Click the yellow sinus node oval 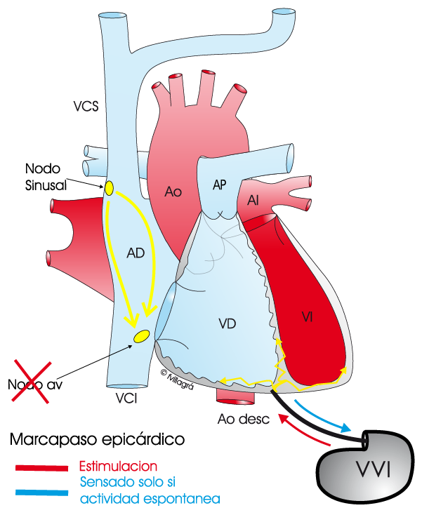[x=109, y=188]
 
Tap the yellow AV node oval [x=142, y=336]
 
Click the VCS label [x=86, y=107]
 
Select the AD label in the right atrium [x=136, y=253]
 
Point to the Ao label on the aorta [x=173, y=192]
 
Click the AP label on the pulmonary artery [x=220, y=185]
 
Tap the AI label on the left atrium [x=253, y=200]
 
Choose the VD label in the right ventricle [x=228, y=323]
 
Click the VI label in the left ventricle [x=307, y=317]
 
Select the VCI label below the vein [x=126, y=399]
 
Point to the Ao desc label [x=244, y=419]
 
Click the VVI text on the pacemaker [x=374, y=469]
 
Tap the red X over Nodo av [x=32, y=381]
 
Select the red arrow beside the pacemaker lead [x=303, y=429]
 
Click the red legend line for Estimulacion [x=41, y=468]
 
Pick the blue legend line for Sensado [x=41, y=493]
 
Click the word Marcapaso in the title [x=53, y=439]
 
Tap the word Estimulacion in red [x=119, y=467]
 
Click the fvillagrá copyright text [x=177, y=380]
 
